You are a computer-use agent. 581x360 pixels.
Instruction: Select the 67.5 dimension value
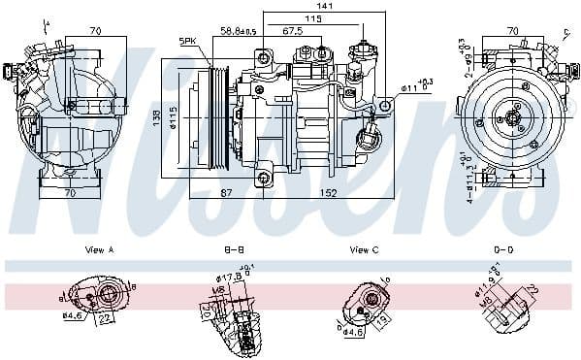click(x=292, y=30)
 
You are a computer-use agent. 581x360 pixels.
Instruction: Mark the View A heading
click(x=99, y=250)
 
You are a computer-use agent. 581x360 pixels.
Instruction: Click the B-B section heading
click(x=235, y=250)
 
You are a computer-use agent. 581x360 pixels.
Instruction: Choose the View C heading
click(x=364, y=250)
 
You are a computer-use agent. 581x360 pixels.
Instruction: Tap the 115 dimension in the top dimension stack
click(x=312, y=18)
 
